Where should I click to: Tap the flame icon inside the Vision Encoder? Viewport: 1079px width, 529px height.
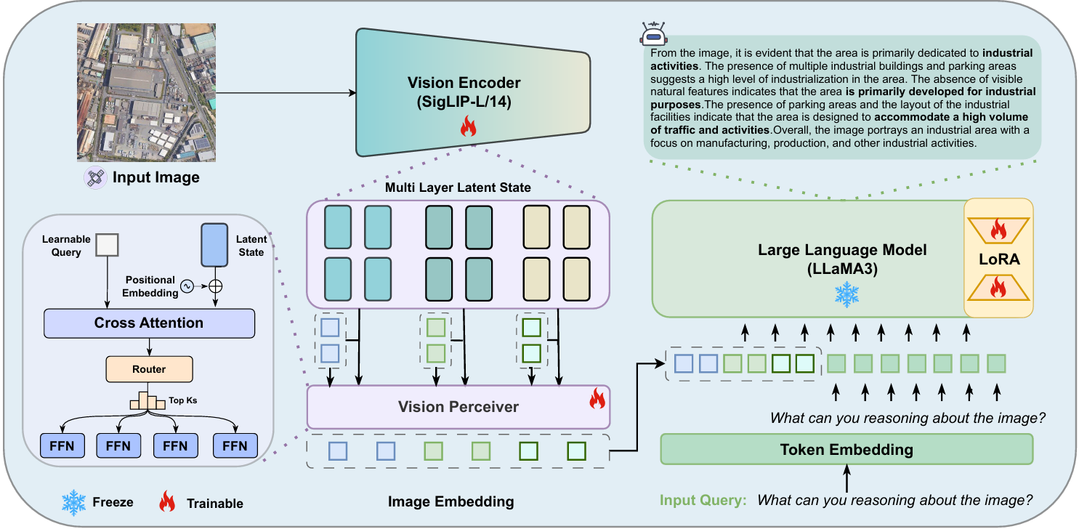(x=467, y=129)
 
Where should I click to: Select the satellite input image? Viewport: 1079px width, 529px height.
(x=146, y=92)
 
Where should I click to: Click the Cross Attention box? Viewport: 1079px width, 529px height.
(x=149, y=323)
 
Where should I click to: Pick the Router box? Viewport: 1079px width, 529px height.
(x=149, y=369)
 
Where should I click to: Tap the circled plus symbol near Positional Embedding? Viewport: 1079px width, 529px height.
(x=215, y=286)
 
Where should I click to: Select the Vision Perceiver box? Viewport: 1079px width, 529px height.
(x=458, y=406)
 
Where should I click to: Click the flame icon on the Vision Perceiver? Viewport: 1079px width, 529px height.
(x=597, y=397)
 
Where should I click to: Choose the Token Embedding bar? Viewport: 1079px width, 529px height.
(x=846, y=449)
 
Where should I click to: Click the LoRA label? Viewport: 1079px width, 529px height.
(x=998, y=258)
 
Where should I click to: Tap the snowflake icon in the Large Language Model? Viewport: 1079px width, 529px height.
(x=846, y=295)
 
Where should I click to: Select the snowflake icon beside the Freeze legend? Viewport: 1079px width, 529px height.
(x=74, y=502)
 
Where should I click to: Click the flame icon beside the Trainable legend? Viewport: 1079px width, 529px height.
(x=167, y=502)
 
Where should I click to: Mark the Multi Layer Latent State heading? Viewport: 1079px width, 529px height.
(x=458, y=188)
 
